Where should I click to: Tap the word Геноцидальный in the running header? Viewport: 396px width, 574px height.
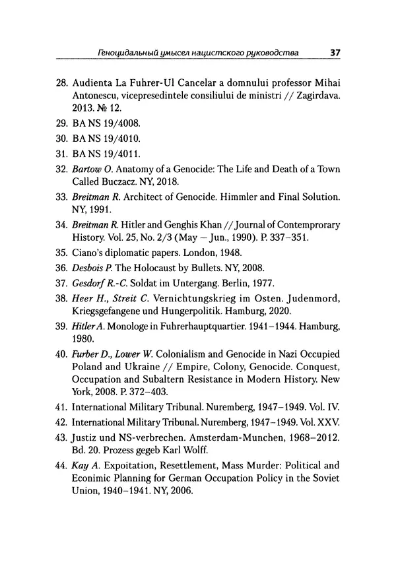[129, 51]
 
